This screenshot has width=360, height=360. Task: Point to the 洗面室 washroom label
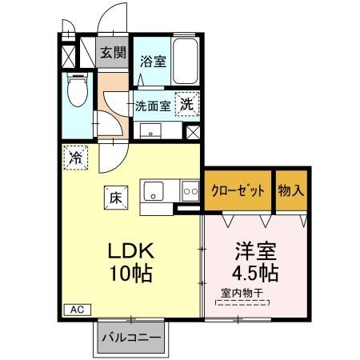pos(152,105)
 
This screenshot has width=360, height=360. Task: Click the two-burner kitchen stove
pos(190,191)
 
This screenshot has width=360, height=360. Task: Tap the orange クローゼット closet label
pos(238,190)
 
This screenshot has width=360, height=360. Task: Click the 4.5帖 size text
pos(250,272)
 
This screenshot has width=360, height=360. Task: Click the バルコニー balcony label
pos(131,338)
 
